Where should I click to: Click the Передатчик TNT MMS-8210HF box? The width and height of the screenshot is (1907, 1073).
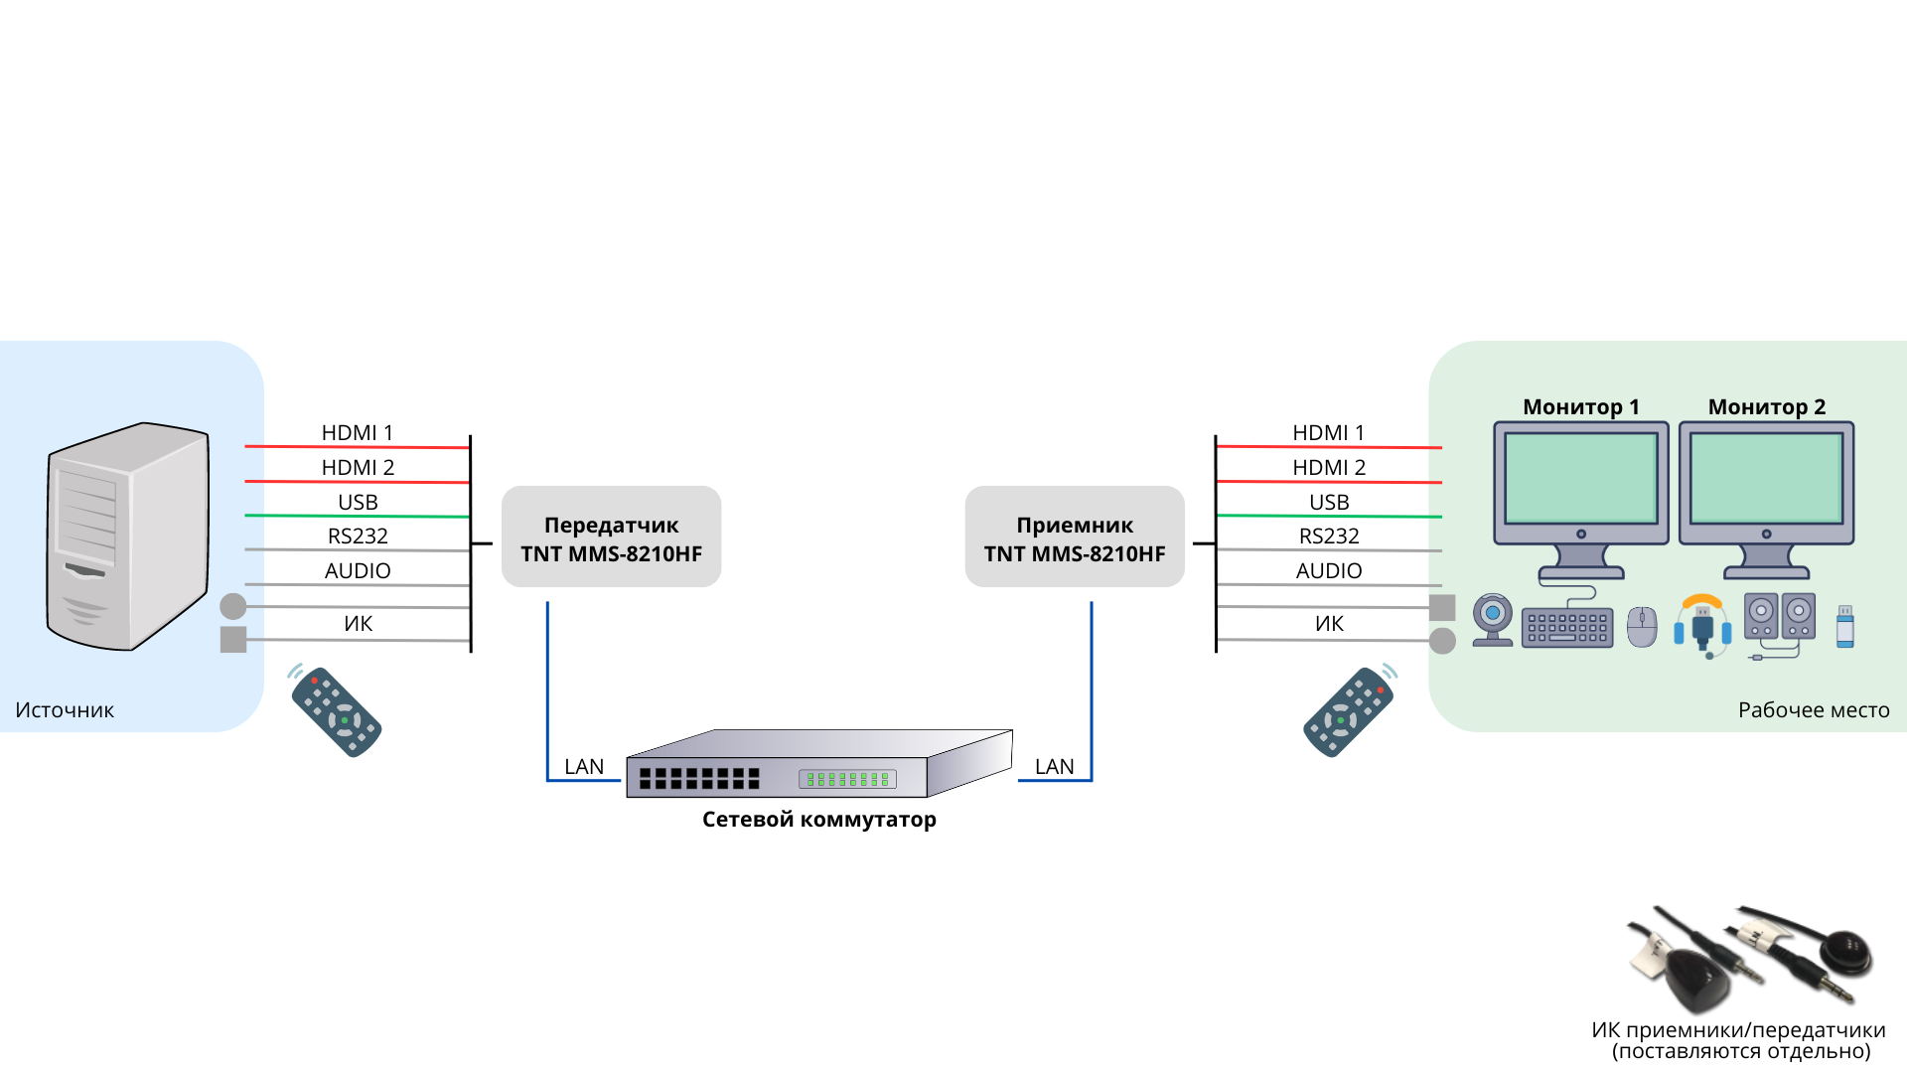click(x=611, y=537)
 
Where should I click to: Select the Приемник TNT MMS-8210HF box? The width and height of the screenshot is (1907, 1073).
click(x=1075, y=537)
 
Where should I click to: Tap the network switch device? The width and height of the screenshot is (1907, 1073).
click(x=818, y=764)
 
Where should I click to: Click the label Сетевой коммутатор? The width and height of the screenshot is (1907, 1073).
click(x=818, y=820)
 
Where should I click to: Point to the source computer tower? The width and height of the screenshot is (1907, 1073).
click(x=128, y=536)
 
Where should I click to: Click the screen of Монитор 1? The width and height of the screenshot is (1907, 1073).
click(x=1580, y=478)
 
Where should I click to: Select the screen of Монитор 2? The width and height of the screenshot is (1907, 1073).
click(x=1766, y=478)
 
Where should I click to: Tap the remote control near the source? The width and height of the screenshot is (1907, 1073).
click(x=337, y=711)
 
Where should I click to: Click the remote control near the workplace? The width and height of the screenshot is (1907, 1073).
click(x=1349, y=711)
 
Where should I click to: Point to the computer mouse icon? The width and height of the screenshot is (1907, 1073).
click(x=1642, y=627)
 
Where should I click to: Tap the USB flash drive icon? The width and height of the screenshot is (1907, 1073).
click(x=1844, y=627)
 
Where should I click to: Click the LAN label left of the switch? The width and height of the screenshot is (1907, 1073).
click(x=584, y=767)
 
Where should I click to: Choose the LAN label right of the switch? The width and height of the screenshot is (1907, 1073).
click(x=1054, y=767)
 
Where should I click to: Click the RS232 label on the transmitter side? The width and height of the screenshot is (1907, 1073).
click(x=358, y=536)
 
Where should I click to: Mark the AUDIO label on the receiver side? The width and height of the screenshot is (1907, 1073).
click(x=1329, y=571)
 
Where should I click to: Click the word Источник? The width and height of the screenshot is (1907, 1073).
click(x=65, y=710)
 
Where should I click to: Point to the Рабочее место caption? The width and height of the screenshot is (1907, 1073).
click(x=1813, y=710)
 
